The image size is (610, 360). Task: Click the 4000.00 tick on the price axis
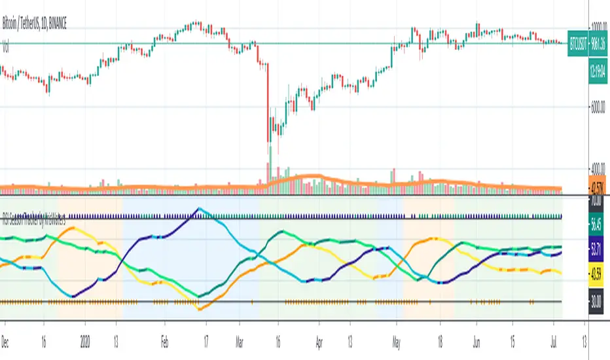click(594, 167)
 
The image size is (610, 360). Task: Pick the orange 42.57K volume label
click(596, 185)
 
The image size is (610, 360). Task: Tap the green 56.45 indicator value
click(596, 226)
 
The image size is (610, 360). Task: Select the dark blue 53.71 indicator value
click(596, 250)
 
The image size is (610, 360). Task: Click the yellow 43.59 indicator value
click(596, 273)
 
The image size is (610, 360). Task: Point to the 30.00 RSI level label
click(596, 302)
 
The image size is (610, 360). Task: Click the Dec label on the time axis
click(6, 331)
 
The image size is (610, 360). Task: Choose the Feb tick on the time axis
click(165, 331)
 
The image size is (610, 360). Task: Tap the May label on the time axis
click(397, 331)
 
